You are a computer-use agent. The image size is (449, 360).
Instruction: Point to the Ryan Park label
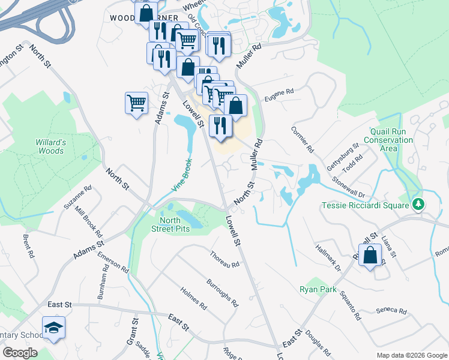[x=318, y=289]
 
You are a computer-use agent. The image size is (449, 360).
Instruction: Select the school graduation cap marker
[x=54, y=327]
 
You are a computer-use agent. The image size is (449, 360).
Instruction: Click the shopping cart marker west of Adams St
[x=136, y=103]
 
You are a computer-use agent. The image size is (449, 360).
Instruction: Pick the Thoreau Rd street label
[x=225, y=260]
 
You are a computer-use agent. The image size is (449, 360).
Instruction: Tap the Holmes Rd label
[x=194, y=298]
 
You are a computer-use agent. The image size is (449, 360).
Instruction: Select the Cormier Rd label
[x=302, y=139]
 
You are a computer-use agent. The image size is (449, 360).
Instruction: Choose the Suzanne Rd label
[x=78, y=197]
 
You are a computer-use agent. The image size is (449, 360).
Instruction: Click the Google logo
[x=20, y=353]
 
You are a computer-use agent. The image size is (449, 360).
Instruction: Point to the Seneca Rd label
[x=391, y=311]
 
